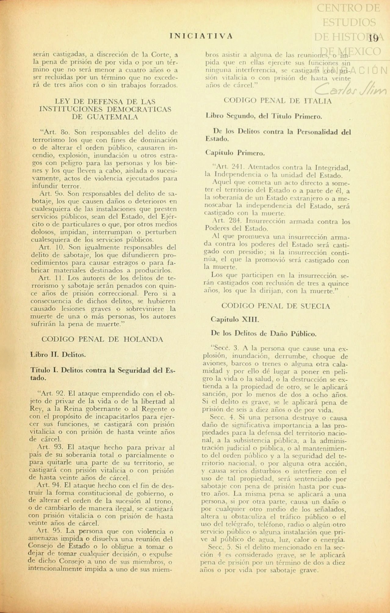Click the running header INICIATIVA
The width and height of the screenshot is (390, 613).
click(201, 36)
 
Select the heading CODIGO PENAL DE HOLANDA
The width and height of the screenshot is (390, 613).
click(102, 339)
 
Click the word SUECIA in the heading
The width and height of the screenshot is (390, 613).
click(316, 306)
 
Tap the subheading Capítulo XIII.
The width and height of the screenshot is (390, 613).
click(235, 320)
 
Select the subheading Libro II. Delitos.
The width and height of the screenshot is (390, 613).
click(58, 355)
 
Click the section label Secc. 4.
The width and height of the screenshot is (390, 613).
click(221, 417)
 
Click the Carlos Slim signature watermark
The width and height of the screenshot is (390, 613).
click(351, 90)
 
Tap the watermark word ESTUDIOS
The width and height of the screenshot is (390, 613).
click(349, 22)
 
